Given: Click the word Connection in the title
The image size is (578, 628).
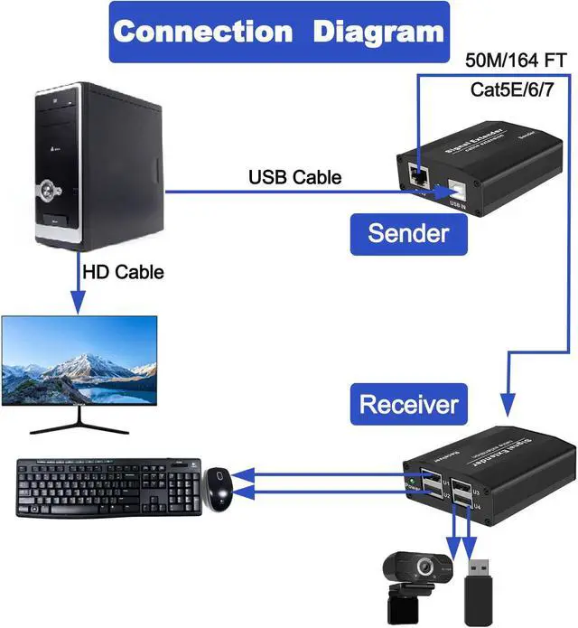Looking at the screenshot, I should (x=203, y=32).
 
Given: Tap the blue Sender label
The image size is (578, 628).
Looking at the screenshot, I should (x=408, y=232).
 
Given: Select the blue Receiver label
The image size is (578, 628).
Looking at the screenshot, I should (x=408, y=403).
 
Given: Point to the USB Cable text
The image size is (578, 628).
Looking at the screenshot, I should (x=294, y=177).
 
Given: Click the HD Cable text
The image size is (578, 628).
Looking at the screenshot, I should (x=123, y=271).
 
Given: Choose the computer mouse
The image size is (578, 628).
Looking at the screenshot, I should (x=218, y=489).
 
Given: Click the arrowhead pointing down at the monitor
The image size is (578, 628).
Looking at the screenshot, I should (x=79, y=305).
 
